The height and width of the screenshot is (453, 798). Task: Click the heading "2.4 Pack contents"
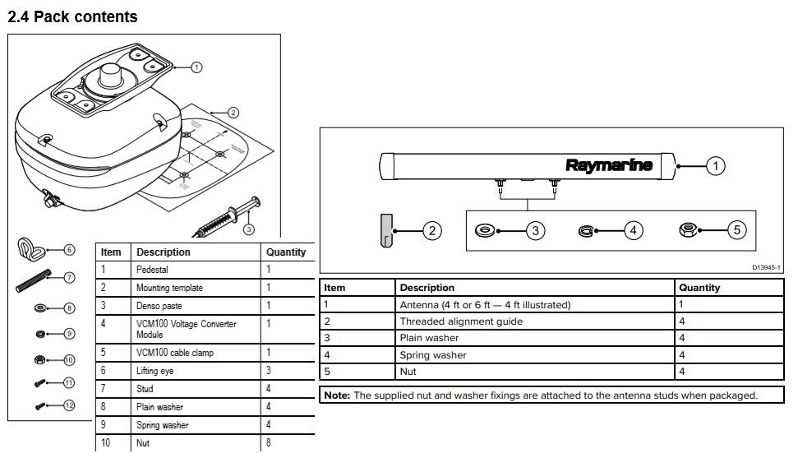(x=72, y=16)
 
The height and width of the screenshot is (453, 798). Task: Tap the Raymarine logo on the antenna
(x=609, y=164)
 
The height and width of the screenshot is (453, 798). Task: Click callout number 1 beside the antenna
(x=715, y=165)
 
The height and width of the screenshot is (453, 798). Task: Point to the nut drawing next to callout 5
(x=689, y=230)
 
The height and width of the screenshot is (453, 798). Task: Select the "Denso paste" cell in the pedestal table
(x=158, y=306)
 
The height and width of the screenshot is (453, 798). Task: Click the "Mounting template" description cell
(x=169, y=288)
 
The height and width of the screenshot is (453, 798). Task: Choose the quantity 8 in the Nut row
(x=269, y=444)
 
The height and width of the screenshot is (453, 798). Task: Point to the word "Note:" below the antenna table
(x=337, y=395)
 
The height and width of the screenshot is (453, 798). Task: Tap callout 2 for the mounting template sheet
(x=233, y=113)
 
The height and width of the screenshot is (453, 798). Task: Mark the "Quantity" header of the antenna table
(x=699, y=288)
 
